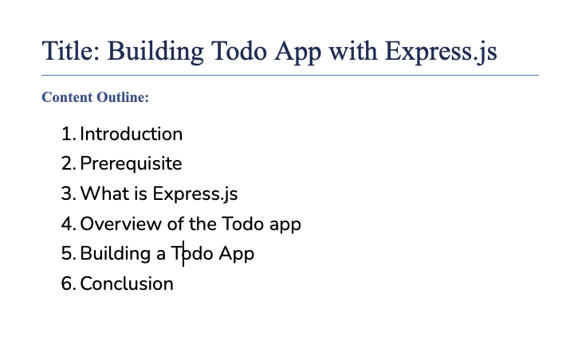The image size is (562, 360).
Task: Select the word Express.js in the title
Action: pyautogui.click(x=441, y=53)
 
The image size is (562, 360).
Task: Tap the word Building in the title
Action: pyautogui.click(x=155, y=53)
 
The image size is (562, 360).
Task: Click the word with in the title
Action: pyautogui.click(x=353, y=51)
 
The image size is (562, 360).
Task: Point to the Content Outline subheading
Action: pyautogui.click(x=96, y=97)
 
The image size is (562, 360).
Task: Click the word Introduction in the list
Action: pyautogui.click(x=132, y=134)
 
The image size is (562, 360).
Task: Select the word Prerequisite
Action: pyautogui.click(x=132, y=165)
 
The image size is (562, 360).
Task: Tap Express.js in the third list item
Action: pyautogui.click(x=195, y=194)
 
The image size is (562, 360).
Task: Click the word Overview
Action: pyautogui.click(x=121, y=224)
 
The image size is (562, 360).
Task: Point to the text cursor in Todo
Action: pyautogui.click(x=183, y=253)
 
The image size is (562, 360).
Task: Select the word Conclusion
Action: pyautogui.click(x=127, y=284)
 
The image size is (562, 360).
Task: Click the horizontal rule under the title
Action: pyautogui.click(x=290, y=75)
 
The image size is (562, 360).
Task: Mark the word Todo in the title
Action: pyautogui.click(x=239, y=51)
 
